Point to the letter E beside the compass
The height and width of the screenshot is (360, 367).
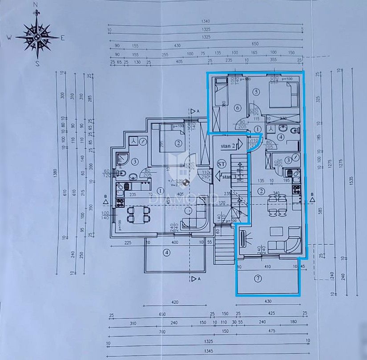(x=63, y=38)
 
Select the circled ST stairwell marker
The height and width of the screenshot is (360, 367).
(x=222, y=164)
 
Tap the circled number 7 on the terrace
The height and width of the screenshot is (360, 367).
(x=258, y=279)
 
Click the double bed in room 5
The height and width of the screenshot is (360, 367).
(x=283, y=95)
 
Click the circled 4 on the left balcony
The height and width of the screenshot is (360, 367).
(x=166, y=253)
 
